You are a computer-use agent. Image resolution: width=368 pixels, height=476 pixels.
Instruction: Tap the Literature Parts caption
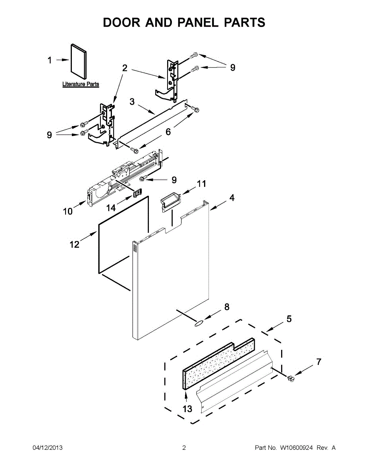[x=81, y=84]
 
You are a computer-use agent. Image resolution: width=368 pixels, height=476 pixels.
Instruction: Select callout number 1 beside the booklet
[x=50, y=60]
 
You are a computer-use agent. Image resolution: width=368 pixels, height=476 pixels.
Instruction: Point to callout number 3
[x=132, y=102]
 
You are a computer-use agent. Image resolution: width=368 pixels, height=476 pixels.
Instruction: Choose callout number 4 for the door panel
[x=232, y=198]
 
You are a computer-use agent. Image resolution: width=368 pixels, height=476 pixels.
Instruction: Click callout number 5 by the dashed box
[x=289, y=319]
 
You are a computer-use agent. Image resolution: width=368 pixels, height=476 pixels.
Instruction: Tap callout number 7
[x=319, y=362]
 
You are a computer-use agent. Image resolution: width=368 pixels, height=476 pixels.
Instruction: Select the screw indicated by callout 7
[x=292, y=379]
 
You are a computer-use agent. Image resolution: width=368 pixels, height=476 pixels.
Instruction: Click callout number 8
[x=227, y=307]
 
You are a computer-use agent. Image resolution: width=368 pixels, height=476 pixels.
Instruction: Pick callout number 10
[x=67, y=211]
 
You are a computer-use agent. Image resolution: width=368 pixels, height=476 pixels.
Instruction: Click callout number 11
[x=202, y=184]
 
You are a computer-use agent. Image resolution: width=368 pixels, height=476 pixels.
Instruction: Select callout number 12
[x=75, y=244]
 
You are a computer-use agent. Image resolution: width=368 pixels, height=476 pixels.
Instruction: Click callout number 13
[x=187, y=409]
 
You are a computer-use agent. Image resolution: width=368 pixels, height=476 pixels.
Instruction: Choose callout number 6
[x=168, y=132]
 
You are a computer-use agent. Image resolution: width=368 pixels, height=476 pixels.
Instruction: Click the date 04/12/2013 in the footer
[x=47, y=448]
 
